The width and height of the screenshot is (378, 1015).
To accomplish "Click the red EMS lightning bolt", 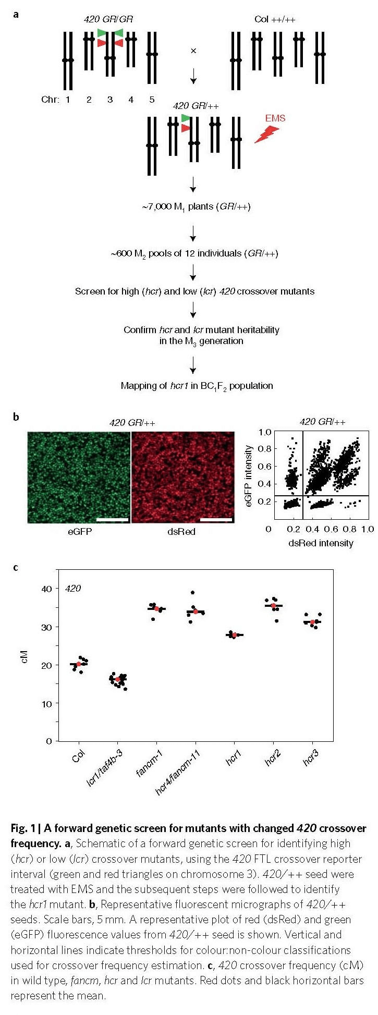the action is point(266,134).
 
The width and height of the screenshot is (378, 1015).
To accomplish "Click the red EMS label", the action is point(275,118).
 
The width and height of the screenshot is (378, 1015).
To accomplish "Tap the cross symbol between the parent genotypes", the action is point(193,51).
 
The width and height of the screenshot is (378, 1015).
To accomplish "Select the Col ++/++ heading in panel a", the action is point(275,19).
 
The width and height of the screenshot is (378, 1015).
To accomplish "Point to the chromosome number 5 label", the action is point(152,99).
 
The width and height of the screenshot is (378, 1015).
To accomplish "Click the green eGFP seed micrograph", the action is point(78,477).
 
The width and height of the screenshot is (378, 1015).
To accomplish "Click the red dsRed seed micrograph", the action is point(183,477).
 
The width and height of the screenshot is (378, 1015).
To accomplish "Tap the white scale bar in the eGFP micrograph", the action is point(113,519).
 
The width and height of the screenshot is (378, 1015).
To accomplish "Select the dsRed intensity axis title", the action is point(321,543).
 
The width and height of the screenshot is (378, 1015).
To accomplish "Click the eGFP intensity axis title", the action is point(249,475).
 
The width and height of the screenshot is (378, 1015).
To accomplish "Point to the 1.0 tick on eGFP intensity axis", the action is point(264,432).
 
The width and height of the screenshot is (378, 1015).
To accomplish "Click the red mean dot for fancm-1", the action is point(156,609).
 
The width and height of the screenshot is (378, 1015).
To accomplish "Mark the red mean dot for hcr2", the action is point(273,606).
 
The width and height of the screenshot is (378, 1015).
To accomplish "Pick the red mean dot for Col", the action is point(79,664).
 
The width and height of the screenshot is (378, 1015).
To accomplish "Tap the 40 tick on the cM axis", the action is point(47,589).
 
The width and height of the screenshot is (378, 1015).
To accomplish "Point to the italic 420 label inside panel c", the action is point(73,589).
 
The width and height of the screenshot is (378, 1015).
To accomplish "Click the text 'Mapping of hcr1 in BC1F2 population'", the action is point(197,386).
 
